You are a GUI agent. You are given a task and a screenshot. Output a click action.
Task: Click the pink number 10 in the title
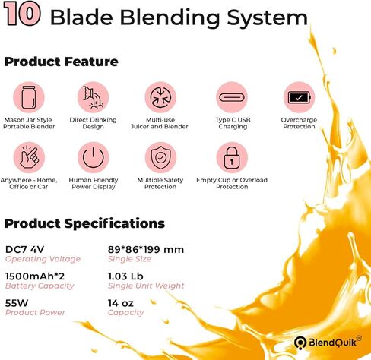pos(22,14)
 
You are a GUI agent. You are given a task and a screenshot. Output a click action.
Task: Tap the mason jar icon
pos(29,97)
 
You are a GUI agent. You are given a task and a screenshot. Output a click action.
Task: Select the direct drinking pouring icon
pos(94,97)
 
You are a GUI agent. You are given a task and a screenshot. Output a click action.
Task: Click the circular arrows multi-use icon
pos(160,97)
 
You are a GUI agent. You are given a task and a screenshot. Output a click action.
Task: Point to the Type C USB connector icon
pos(232,97)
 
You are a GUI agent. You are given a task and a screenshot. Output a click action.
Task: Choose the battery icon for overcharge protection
pos(300,97)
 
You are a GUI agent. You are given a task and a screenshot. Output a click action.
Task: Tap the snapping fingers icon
pos(29,157)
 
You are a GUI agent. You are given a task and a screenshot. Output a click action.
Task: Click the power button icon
pos(94,157)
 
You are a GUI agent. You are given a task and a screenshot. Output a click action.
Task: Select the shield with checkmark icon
pos(160,157)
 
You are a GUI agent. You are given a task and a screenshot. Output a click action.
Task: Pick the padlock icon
pos(232,157)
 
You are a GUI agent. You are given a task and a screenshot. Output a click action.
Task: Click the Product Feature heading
pos(62,62)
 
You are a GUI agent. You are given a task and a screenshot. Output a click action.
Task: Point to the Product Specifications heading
pos(84,223)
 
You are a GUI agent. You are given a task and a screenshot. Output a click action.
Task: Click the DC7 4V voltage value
pos(24,250)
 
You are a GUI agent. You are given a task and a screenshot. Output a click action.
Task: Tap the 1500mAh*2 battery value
pos(35,276)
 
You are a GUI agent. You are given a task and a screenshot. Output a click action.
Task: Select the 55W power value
pos(17,303)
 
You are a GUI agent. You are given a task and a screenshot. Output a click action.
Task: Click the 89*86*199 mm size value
pos(146,250)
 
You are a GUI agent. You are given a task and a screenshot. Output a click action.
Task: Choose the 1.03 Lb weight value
pos(125,276)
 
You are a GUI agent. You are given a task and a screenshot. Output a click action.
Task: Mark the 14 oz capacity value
pos(121,303)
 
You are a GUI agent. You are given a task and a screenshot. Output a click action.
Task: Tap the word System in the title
pos(268,17)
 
